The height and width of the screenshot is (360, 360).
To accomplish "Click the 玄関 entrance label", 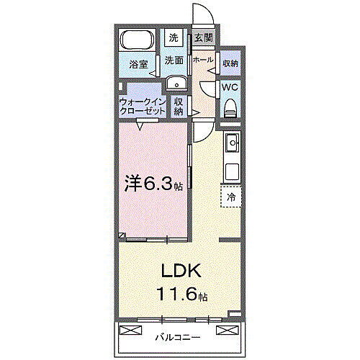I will [x=203, y=38].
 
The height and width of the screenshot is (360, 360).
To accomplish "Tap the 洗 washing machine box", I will [x=174, y=37].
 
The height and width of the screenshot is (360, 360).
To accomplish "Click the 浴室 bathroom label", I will [x=138, y=64].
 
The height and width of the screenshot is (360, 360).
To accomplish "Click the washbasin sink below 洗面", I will [x=176, y=84].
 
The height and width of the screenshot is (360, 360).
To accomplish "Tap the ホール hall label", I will [x=203, y=60].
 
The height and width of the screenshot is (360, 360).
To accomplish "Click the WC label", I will [x=230, y=88].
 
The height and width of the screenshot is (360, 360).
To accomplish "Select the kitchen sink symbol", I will [x=232, y=146].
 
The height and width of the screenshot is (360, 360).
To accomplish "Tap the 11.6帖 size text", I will [x=180, y=294].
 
